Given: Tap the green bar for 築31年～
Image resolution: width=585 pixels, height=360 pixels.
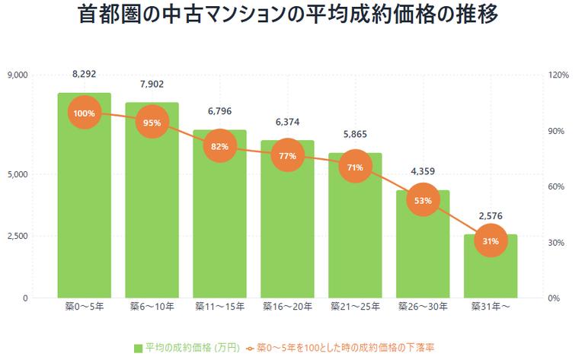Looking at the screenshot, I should point(491,270).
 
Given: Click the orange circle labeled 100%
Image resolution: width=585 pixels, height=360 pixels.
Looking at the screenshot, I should point(84,113).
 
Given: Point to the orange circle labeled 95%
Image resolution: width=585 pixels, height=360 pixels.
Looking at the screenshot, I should point(152,123).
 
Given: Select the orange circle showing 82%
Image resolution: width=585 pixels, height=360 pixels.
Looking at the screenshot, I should point(219,147).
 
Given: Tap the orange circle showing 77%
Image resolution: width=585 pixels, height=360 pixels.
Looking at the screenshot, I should point(287,155).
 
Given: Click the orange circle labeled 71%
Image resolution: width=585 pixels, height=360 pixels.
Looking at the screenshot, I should point(355,167).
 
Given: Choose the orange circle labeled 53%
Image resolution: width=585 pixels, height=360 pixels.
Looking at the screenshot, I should point(423,201).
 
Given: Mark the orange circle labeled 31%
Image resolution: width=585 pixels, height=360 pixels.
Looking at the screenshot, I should point(491,241).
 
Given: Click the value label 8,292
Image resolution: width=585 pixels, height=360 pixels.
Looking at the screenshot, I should point(84,75).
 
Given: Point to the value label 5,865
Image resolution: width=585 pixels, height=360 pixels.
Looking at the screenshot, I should point(355,134).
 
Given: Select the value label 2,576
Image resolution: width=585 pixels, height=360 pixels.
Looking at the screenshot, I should point(491,216).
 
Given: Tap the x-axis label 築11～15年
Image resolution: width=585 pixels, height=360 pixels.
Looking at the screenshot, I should point(219,307).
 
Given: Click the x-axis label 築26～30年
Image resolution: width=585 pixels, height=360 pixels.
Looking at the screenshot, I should point(423,307).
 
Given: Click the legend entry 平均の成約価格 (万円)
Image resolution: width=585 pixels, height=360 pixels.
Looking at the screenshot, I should point(187,349).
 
